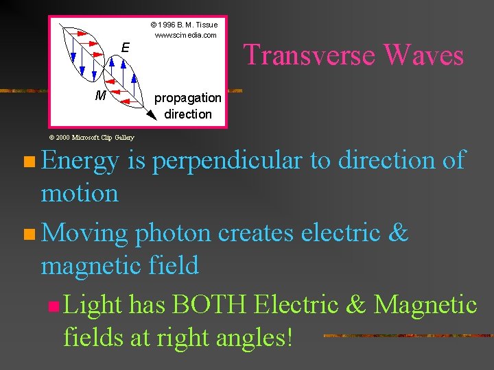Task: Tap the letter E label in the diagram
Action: [125, 47]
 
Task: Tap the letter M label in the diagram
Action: [100, 95]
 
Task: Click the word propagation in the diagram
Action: [187, 98]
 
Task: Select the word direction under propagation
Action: [188, 114]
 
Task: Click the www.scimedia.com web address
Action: [185, 35]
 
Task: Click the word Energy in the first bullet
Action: [80, 161]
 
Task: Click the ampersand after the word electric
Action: [397, 233]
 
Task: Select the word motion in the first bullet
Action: [80, 193]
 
